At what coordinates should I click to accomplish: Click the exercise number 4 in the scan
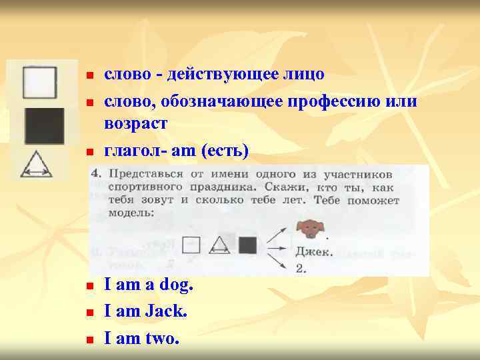97,173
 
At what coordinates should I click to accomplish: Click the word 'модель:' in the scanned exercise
131,213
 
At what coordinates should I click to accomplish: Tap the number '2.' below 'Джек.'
302,268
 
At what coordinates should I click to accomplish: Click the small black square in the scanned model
248,245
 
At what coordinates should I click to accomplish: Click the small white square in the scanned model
192,245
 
